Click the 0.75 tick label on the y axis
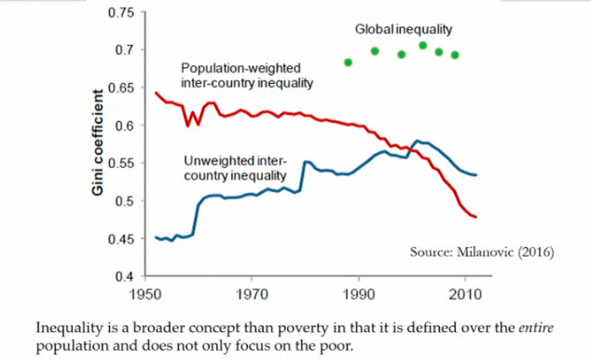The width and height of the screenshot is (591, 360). pos(121,13)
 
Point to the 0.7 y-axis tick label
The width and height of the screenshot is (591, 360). pos(124,50)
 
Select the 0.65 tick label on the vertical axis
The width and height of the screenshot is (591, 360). pos(121,89)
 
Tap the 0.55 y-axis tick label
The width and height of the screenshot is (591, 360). pos(121,163)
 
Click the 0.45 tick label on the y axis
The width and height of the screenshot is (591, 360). pos(121,239)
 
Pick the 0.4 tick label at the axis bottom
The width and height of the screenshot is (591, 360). pos(124,277)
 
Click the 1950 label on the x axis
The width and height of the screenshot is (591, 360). pos(145,294)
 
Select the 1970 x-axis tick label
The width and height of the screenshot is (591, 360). pos(252,294)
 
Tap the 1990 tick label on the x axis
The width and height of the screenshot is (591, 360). pos(359,294)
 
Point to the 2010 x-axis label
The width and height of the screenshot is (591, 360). pos(465,294)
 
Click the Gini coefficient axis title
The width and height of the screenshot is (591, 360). pos(98,143)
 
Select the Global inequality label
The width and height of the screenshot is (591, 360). pos(404,30)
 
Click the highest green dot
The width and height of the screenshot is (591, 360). pos(423,46)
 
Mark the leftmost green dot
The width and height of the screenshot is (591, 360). pos(349,62)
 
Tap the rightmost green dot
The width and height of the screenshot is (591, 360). pos(455,55)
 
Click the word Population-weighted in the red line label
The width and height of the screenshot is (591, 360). pos(241,68)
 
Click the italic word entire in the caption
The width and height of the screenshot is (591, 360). pos(536,327)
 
